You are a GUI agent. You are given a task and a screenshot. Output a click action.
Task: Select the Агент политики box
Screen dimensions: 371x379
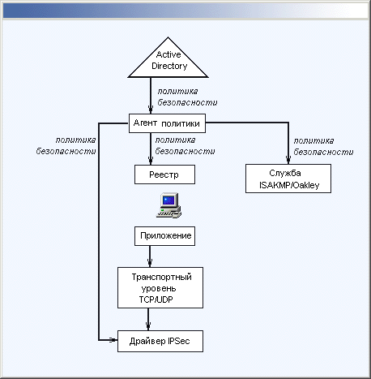pyautogui.click(x=167, y=123)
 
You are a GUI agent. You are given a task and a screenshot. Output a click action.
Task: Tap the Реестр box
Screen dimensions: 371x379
pyautogui.click(x=164, y=174)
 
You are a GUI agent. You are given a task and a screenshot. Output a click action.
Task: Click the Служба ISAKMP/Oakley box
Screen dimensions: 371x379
pyautogui.click(x=288, y=179)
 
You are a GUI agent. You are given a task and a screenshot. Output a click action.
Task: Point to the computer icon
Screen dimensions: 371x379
pyautogui.click(x=168, y=205)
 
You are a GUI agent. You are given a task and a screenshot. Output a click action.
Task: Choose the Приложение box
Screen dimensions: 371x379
pyautogui.click(x=164, y=236)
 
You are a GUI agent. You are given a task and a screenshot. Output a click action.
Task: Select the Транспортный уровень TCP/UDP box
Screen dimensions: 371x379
pyautogui.click(x=160, y=288)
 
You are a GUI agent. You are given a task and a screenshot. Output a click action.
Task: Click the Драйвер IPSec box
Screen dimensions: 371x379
pyautogui.click(x=160, y=341)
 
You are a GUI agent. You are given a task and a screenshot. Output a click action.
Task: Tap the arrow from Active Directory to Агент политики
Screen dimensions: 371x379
pyautogui.click(x=151, y=96)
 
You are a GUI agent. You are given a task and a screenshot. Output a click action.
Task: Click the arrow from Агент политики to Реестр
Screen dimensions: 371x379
pyautogui.click(x=151, y=149)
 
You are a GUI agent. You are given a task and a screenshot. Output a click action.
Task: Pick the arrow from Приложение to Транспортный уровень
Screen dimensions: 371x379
pyautogui.click(x=150, y=256)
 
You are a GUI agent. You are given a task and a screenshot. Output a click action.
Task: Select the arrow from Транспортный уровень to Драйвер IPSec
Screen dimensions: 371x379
pyautogui.click(x=148, y=319)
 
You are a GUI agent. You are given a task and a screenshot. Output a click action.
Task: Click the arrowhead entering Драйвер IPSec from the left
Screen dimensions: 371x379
pyautogui.click(x=113, y=340)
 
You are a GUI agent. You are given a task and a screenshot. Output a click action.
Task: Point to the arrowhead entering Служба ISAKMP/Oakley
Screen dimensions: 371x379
pyautogui.click(x=288, y=160)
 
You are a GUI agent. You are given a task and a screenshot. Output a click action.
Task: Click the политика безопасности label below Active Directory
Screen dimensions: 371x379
pyautogui.click(x=187, y=97)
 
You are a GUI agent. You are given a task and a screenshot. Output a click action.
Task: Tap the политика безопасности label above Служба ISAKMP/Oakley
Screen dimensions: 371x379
pyautogui.click(x=323, y=146)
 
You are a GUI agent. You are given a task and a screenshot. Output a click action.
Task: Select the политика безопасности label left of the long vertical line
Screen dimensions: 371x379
pyautogui.click(x=66, y=145)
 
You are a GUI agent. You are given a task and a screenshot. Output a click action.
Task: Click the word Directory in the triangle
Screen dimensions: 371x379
pyautogui.click(x=169, y=66)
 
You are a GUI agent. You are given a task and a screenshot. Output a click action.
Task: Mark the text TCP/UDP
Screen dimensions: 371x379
pyautogui.click(x=156, y=299)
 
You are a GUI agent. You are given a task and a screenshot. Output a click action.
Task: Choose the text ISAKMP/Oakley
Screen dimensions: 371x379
pyautogui.click(x=289, y=185)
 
